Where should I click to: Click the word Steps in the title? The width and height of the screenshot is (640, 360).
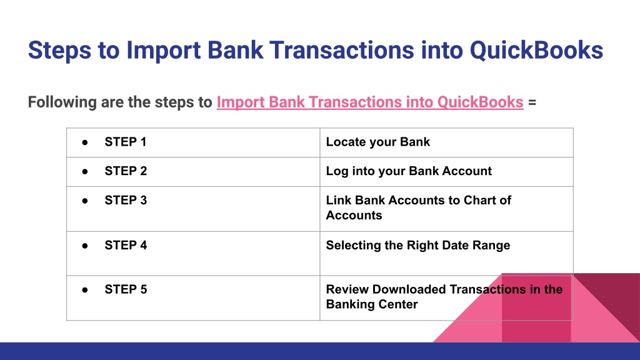click(59, 50)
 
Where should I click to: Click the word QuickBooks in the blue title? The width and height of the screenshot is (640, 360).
click(536, 50)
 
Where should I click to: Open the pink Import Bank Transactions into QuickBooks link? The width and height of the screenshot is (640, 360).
click(370, 102)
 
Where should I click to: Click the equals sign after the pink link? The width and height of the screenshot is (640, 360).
click(532, 102)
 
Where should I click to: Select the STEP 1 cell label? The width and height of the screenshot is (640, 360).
click(125, 142)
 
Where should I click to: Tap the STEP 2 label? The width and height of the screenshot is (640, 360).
click(126, 171)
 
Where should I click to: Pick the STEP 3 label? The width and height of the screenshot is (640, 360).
click(126, 201)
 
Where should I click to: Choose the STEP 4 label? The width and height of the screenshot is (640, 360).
click(126, 245)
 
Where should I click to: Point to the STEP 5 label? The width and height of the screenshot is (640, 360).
click(126, 289)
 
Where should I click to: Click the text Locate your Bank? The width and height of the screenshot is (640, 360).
click(377, 142)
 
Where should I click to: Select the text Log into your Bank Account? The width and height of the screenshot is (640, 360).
click(409, 171)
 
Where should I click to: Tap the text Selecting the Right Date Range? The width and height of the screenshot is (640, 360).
click(418, 245)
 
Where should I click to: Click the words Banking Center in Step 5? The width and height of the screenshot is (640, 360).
click(372, 304)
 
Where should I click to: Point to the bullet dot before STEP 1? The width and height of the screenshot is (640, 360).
click(85, 142)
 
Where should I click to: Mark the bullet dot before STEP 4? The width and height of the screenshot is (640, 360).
click(85, 246)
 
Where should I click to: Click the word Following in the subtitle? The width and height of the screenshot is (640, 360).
click(62, 102)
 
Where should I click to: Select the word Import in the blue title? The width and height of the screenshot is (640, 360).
click(163, 51)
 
